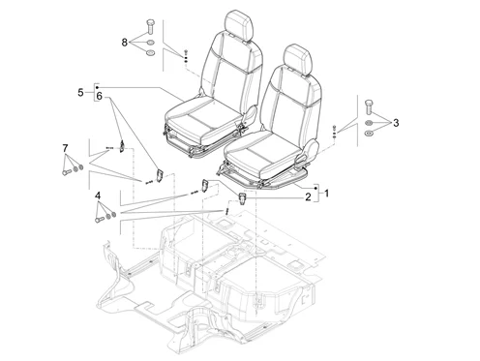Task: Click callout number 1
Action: tap(327, 194)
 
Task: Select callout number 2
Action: tap(308, 196)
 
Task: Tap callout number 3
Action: tap(396, 123)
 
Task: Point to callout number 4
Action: tap(98, 196)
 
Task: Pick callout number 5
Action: tap(80, 93)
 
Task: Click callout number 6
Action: tap(99, 96)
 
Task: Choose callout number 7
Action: tap(65, 148)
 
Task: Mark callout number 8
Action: tap(125, 43)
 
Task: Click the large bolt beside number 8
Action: tap(150, 27)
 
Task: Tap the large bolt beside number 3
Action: tap(369, 107)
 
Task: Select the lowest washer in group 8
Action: tap(150, 52)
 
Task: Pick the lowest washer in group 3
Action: tap(368, 133)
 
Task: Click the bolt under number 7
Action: tap(67, 172)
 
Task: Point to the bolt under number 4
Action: tap(100, 220)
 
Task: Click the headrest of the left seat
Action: tap(239, 25)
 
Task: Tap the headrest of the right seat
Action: tap(298, 59)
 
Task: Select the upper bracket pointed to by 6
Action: tap(122, 146)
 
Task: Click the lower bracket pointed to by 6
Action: tap(160, 175)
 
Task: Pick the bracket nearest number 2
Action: tap(243, 198)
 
